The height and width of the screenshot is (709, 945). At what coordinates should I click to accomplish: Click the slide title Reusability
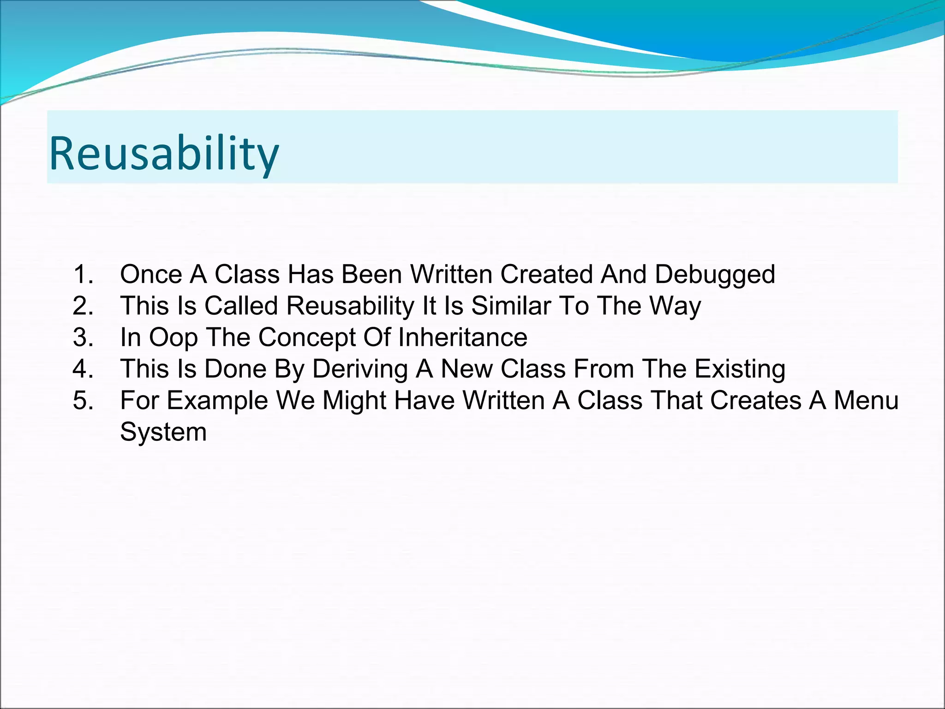pyautogui.click(x=164, y=153)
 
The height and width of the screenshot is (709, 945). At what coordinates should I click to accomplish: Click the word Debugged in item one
pyautogui.click(x=715, y=275)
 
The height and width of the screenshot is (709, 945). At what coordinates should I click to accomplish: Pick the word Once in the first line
pyautogui.click(x=151, y=274)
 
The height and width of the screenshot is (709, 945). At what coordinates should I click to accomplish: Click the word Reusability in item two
pyautogui.click(x=351, y=306)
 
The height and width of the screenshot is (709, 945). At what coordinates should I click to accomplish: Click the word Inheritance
pyautogui.click(x=462, y=337)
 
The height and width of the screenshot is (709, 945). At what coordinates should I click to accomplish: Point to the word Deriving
pyautogui.click(x=360, y=370)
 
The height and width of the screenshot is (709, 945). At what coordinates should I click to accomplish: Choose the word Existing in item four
pyautogui.click(x=740, y=370)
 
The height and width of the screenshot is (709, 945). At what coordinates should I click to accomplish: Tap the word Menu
pyautogui.click(x=866, y=400)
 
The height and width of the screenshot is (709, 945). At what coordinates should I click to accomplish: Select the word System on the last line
pyautogui.click(x=163, y=433)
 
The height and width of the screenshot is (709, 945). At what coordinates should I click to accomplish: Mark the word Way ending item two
pyautogui.click(x=675, y=306)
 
